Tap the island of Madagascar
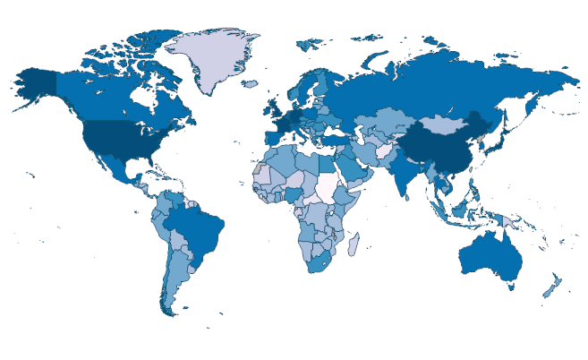[354, 243]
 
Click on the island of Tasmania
[509, 287]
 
